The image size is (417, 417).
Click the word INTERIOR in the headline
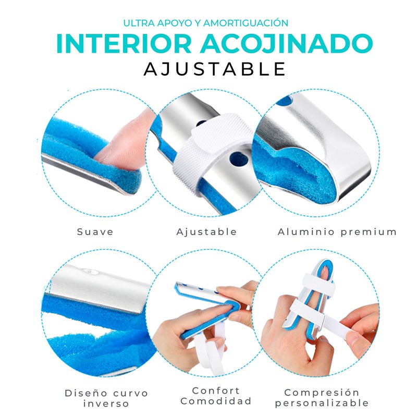(x=124, y=44)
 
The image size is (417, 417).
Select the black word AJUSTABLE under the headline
(x=215, y=69)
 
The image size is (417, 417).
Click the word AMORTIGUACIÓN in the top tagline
(x=246, y=23)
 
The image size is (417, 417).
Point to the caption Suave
(x=95, y=232)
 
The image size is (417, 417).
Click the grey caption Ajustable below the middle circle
(x=206, y=232)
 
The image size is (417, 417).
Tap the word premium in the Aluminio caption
(x=369, y=232)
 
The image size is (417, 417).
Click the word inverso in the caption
(x=106, y=403)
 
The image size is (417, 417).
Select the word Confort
(x=216, y=390)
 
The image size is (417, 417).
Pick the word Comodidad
(x=216, y=401)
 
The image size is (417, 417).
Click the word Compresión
(x=322, y=393)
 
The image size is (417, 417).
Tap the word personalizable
(x=322, y=403)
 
